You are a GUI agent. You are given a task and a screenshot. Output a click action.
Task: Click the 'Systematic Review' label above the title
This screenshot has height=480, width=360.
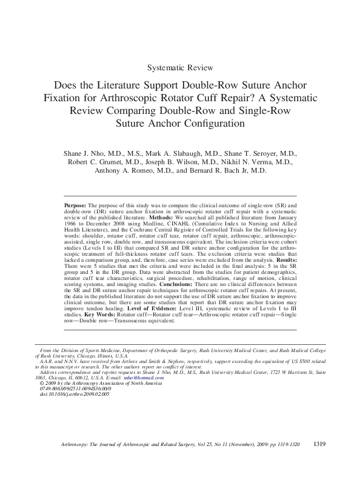point(180,67)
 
